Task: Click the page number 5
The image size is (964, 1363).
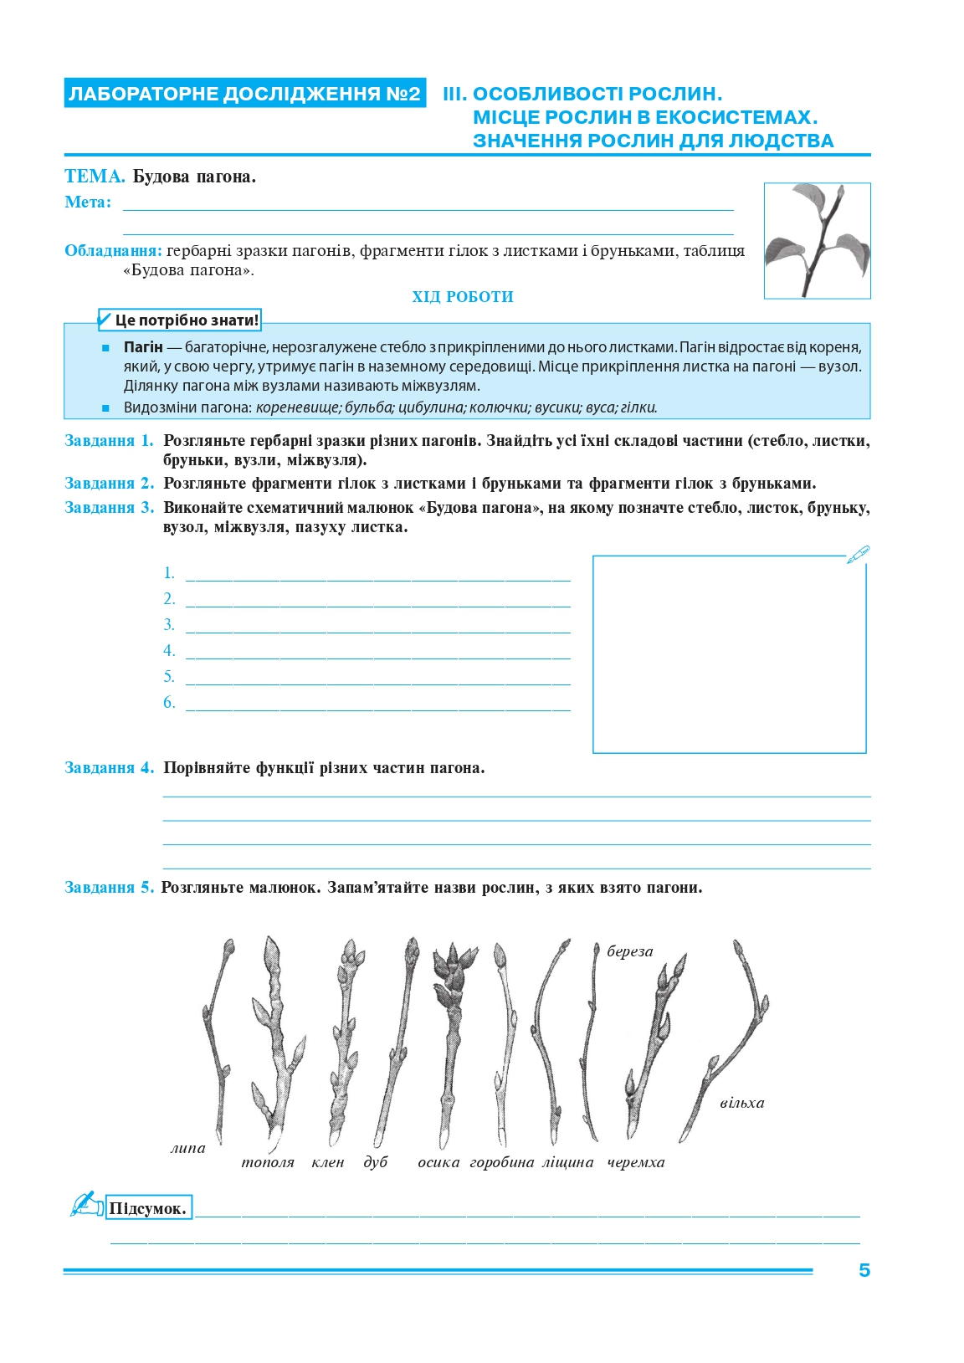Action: tap(864, 1270)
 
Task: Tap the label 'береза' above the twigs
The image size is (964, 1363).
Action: tap(629, 951)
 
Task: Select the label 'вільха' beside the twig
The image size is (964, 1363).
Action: tap(741, 1103)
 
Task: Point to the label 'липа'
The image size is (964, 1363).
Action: tap(188, 1148)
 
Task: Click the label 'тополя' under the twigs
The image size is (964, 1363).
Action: tap(268, 1162)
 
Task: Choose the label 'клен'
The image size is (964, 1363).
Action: tap(328, 1162)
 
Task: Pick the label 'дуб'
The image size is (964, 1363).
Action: tap(376, 1162)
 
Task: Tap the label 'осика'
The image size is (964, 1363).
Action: tap(438, 1162)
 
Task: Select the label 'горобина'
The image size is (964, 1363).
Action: tap(502, 1162)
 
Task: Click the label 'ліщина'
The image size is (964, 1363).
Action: tap(568, 1162)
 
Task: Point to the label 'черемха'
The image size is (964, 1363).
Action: tap(636, 1162)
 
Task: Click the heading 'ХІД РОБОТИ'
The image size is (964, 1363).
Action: tap(463, 297)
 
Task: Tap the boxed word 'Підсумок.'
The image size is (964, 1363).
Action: tap(148, 1208)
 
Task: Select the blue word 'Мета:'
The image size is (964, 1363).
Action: tap(88, 202)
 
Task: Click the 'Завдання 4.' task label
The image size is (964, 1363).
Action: tap(110, 768)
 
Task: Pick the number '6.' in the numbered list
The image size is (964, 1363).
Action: tap(169, 703)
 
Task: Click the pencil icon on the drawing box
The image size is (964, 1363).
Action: tap(858, 555)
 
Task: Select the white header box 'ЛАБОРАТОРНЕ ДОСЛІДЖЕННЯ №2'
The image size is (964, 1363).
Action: tap(244, 94)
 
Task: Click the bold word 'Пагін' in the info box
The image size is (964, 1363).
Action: tap(143, 347)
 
